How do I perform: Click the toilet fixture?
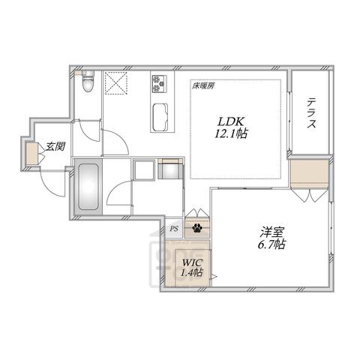click(88, 81)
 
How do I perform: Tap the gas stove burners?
click(159, 83)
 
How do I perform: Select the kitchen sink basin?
click(160, 117)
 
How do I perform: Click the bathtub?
click(88, 187)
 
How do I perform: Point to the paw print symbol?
click(197, 228)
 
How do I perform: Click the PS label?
click(174, 228)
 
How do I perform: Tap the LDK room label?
click(231, 121)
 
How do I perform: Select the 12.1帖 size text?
click(231, 134)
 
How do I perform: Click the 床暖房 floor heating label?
click(202, 86)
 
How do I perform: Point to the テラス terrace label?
click(311, 113)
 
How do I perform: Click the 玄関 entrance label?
click(55, 146)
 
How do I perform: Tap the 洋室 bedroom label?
click(271, 232)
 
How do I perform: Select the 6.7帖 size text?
click(271, 244)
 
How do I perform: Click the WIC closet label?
click(192, 262)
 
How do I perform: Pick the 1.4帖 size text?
click(191, 272)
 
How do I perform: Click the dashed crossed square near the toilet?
click(115, 83)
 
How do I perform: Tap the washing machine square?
click(144, 170)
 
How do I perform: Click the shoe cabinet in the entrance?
click(32, 153)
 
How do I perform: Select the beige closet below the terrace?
click(309, 174)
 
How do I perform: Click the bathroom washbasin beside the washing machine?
click(170, 169)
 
